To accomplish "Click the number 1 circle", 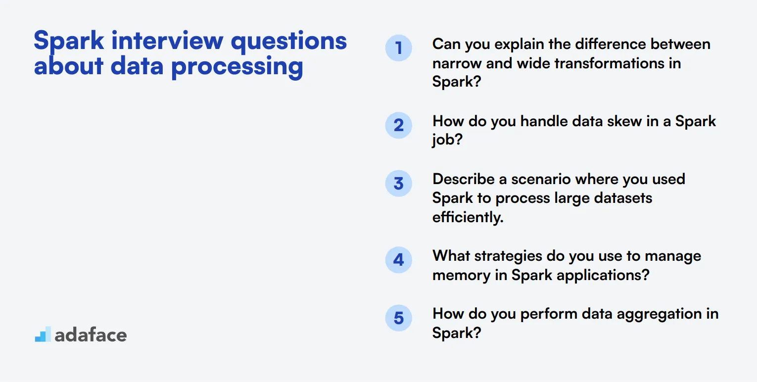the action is pos(398,48).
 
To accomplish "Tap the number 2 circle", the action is pos(398,125).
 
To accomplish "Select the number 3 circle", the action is pos(398,183).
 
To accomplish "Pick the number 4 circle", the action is pos(398,260).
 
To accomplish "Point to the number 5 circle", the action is pos(398,318).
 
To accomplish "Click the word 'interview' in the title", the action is pos(167,41).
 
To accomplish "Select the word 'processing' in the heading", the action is pos(237,67).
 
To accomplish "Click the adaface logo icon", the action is pos(43,334).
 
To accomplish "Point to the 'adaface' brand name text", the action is pos(91,335).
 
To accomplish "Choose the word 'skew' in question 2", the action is pos(624,121).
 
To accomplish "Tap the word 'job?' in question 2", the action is pos(447,140).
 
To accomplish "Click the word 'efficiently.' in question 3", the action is pos(468,217).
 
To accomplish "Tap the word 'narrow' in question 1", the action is pos(457,64).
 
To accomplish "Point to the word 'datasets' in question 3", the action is pos(623,198).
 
